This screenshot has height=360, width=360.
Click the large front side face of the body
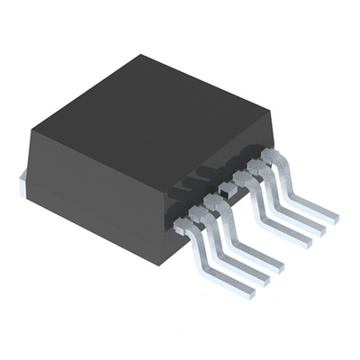click(99, 180)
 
